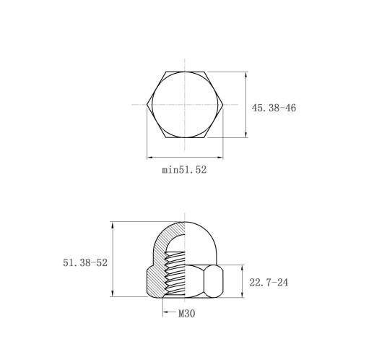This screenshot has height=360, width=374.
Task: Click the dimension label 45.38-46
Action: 274,108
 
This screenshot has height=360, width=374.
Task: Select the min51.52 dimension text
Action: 184,170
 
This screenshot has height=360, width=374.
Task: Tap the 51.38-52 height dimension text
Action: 85,262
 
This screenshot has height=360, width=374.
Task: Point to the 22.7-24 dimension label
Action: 269,283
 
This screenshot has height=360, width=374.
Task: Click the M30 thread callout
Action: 187,314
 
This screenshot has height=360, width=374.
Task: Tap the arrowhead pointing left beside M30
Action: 165,312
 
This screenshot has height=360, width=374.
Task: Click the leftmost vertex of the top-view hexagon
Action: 147,105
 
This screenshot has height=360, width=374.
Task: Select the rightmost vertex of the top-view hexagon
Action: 223,105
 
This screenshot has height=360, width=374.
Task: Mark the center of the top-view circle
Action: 185,105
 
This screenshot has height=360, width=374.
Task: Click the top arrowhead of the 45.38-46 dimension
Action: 245,74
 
